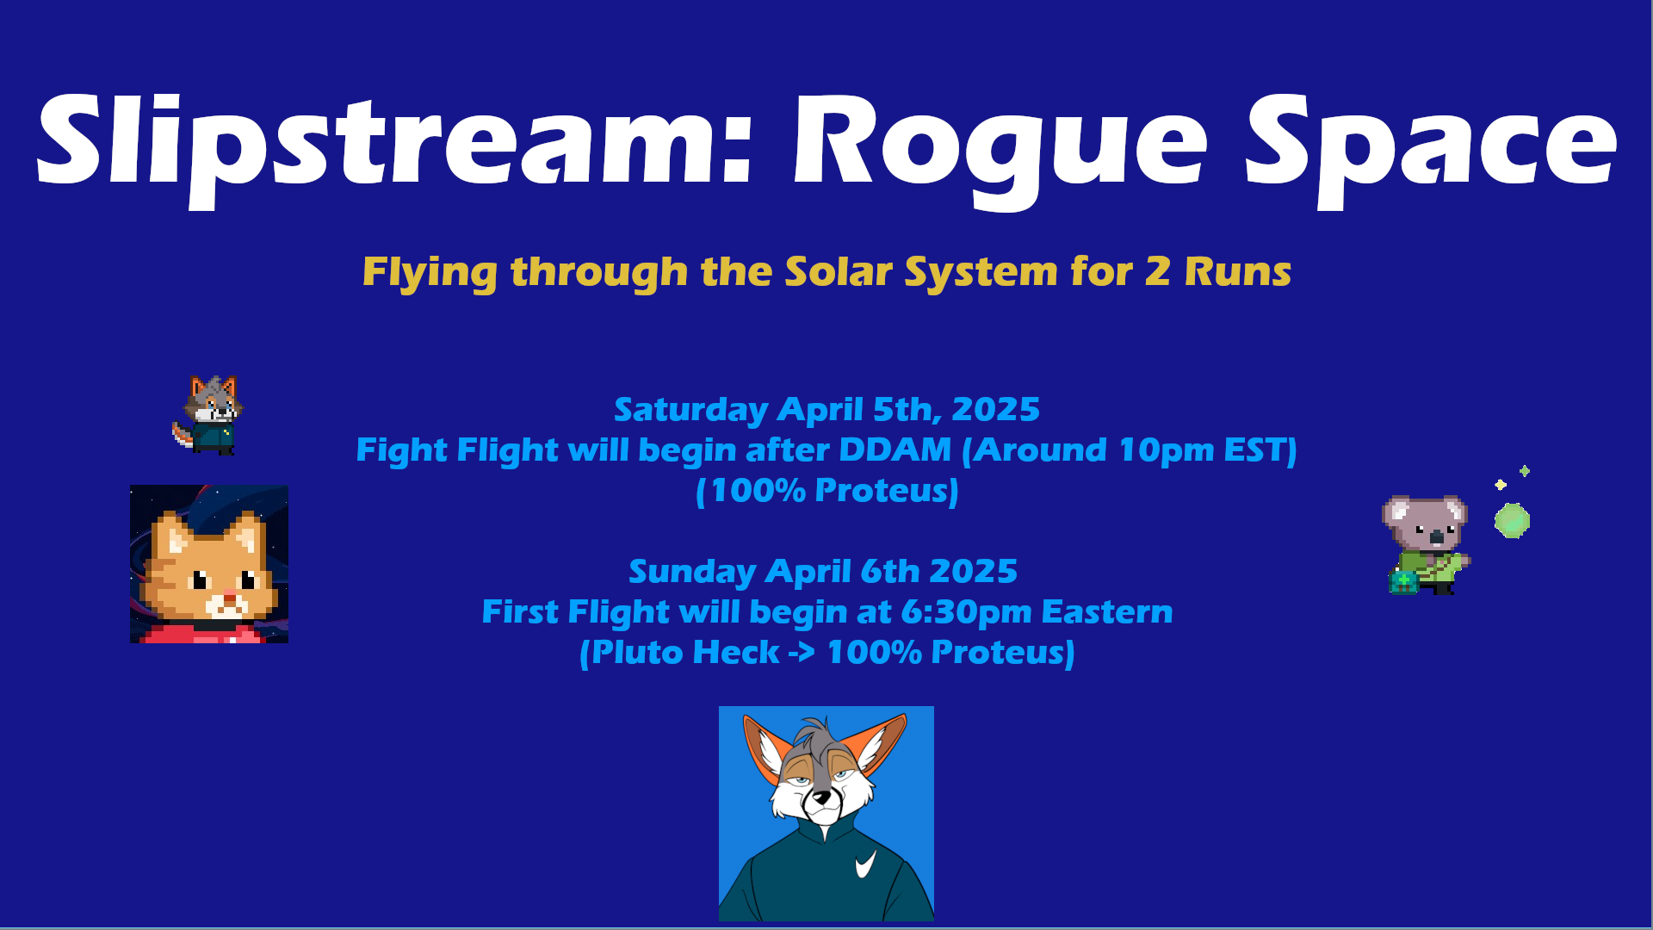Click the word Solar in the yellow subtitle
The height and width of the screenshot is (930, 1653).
coord(839,271)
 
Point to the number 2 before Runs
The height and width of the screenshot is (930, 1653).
coord(1157,272)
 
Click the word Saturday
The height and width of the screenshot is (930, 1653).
coord(690,410)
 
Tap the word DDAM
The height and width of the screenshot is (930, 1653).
coord(895,449)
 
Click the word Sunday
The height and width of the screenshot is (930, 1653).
coord(691,572)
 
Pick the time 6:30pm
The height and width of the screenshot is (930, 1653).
coord(966,612)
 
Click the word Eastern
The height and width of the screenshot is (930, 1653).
coord(1106,611)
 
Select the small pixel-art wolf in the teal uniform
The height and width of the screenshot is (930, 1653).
coord(208,415)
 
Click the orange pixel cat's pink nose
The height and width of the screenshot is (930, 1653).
coord(229,594)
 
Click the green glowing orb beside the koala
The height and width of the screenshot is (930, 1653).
coord(1512,521)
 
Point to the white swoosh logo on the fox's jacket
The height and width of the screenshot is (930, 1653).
coord(865,864)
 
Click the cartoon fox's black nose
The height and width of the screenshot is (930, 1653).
coord(823,797)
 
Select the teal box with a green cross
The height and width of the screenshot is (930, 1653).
coord(1403,582)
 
